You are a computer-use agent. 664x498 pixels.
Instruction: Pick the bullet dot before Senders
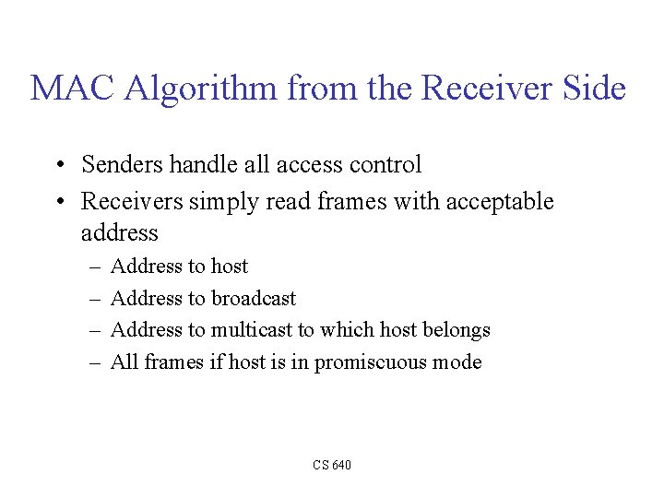coord(58,166)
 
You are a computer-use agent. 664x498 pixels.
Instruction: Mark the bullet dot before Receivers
coord(58,202)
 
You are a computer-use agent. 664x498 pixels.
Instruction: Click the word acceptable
coord(500,201)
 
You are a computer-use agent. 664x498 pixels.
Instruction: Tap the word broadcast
coord(254,298)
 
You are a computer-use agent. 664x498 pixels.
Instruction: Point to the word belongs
coord(456,330)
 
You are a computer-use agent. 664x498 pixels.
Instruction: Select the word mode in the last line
coord(459,362)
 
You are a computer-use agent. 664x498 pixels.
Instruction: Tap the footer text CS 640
coord(332,465)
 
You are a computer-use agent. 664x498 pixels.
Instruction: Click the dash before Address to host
coord(97,267)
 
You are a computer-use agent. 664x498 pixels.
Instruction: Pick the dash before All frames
coord(97,362)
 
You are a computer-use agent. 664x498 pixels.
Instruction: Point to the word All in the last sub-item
coord(124,362)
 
